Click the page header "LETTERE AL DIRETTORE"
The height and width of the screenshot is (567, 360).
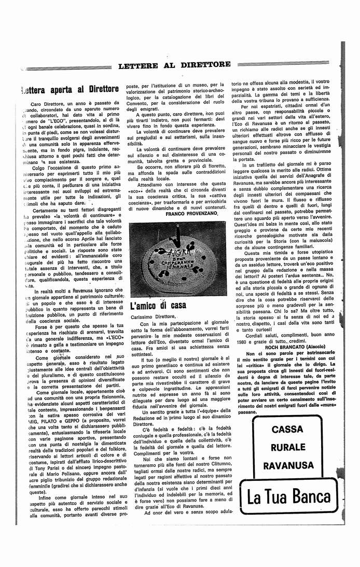[174, 65]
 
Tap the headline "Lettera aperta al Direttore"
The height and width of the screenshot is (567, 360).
[70, 89]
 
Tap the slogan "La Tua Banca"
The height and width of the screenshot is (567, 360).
[289, 497]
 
